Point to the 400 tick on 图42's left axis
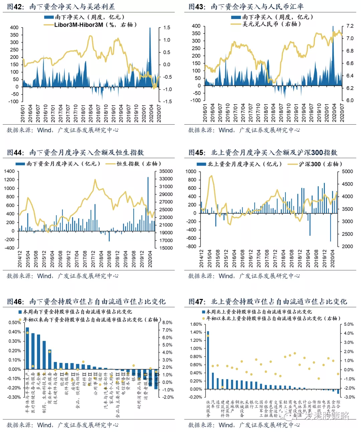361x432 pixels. pyautogui.click(x=14, y=27)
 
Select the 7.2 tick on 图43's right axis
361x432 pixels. pyautogui.click(x=350, y=26)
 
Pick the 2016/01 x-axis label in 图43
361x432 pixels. pyautogui.click(x=205, y=113)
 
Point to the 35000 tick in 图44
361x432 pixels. pyautogui.click(x=166, y=171)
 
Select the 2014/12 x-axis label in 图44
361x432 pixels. pyautogui.click(x=20, y=259)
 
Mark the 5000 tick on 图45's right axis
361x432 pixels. pyautogui.click(x=347, y=171)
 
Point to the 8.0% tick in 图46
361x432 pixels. pyautogui.click(x=167, y=323)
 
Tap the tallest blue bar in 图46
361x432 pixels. pyautogui.click(x=28, y=347)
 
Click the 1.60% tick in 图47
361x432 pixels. pyautogui.click(x=196, y=324)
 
